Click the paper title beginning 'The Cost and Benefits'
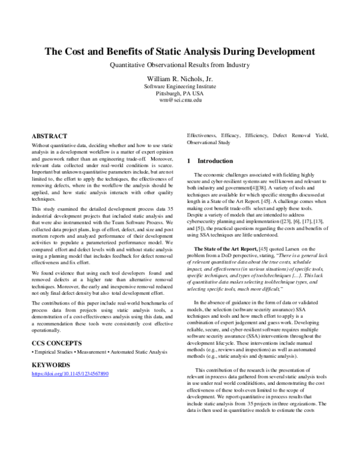click(180, 52)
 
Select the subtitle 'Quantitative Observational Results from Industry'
click(180, 65)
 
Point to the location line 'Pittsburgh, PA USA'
click(180, 94)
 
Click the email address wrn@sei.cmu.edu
click(180, 100)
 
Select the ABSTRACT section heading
click(49, 136)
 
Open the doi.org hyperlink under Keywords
click(70, 374)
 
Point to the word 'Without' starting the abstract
click(41, 146)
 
